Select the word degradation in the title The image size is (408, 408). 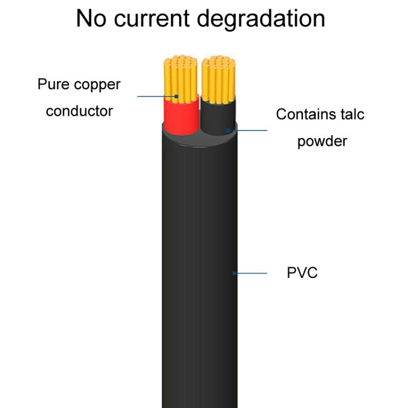click(x=261, y=20)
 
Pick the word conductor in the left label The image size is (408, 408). click(x=79, y=111)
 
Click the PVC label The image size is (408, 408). click(x=302, y=273)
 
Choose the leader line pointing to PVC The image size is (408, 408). click(x=251, y=273)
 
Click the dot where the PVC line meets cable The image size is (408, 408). click(x=234, y=273)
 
